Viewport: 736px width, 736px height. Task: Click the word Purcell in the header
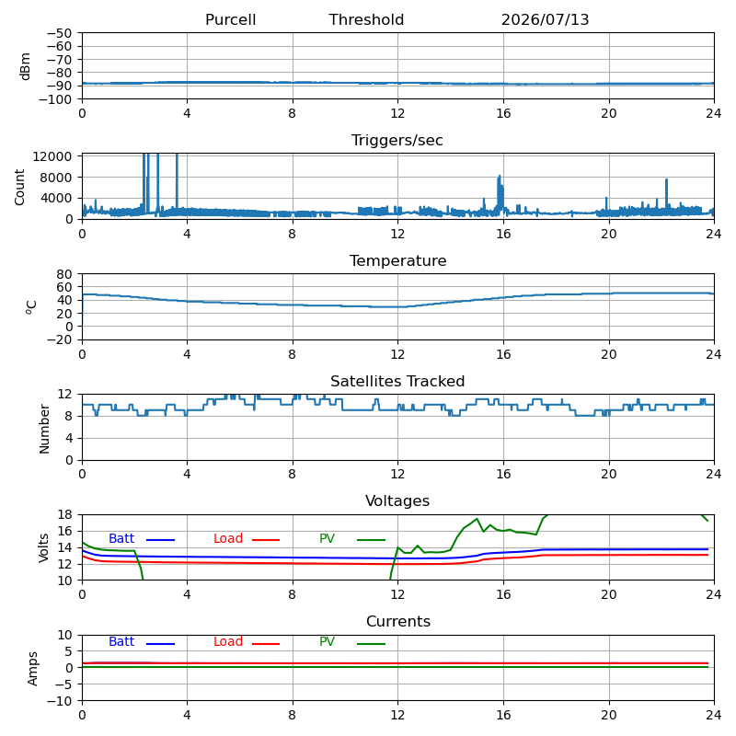(231, 19)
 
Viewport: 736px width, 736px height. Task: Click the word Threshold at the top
(366, 19)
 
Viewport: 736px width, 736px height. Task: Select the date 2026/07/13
(545, 19)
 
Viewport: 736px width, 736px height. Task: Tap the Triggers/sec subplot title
(397, 141)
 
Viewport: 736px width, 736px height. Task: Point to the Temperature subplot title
(398, 260)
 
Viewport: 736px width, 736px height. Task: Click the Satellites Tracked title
(397, 381)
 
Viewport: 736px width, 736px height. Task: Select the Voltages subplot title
(397, 500)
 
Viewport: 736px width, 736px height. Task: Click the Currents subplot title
(398, 622)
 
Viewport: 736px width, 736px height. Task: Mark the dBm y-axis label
(26, 66)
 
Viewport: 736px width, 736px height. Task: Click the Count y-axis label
(19, 188)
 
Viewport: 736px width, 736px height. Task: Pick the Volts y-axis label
(43, 547)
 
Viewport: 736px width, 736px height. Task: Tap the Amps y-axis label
(32, 669)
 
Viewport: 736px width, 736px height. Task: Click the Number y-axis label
(44, 429)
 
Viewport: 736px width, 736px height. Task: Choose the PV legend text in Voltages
(327, 538)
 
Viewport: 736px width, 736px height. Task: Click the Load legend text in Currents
(228, 641)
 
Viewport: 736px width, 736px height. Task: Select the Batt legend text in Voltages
(121, 538)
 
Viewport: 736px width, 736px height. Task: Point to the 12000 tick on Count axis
(52, 156)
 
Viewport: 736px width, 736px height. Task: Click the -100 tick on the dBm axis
(55, 99)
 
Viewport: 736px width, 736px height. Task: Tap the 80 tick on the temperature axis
(64, 274)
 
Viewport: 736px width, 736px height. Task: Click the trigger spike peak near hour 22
(666, 179)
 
